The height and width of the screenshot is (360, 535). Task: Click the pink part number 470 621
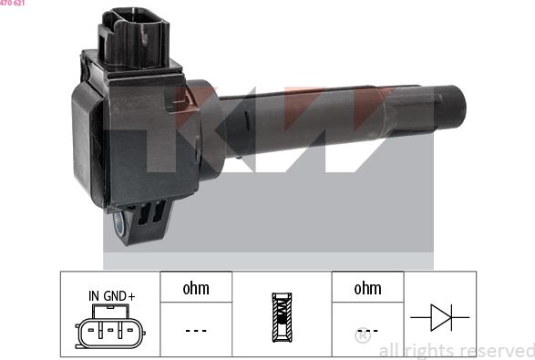pyautogui.click(x=12, y=3)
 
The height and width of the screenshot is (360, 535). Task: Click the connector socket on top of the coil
pyautogui.click(x=134, y=37)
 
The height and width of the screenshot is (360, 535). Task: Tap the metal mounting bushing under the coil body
pyautogui.click(x=119, y=222)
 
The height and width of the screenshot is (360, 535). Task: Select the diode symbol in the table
pyautogui.click(x=440, y=317)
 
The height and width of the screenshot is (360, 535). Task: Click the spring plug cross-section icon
pyautogui.click(x=282, y=317)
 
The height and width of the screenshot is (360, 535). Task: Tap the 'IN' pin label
pyautogui.click(x=94, y=296)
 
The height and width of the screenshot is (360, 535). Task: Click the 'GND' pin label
pyautogui.click(x=115, y=296)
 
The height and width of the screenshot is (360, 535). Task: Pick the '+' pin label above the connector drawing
pyautogui.click(x=131, y=296)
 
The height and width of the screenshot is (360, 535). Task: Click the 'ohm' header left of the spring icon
pyautogui.click(x=196, y=288)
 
